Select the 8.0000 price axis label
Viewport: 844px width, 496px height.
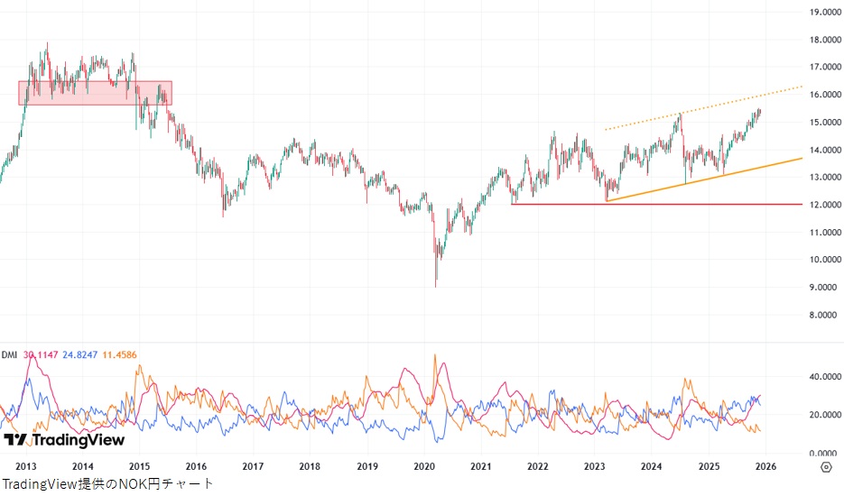coord(824,315)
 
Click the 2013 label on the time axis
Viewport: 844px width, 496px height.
coord(26,466)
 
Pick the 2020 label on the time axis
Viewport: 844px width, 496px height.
coord(423,466)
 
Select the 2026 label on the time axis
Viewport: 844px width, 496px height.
coord(765,466)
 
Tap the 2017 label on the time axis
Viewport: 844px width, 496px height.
coord(253,466)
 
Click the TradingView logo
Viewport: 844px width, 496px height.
coord(63,439)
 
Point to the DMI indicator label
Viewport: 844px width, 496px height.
coord(10,354)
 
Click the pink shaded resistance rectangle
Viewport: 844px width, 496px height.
coord(95,93)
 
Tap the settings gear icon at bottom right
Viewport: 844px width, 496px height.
coord(826,466)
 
